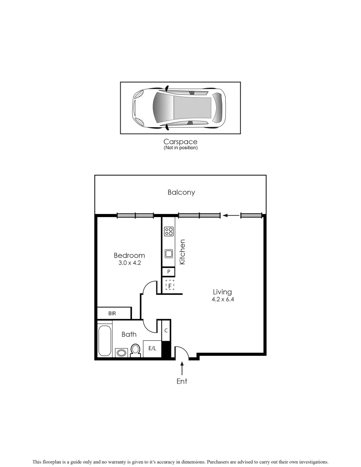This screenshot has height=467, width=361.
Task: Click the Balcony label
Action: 181,192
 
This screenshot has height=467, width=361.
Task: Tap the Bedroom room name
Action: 129,256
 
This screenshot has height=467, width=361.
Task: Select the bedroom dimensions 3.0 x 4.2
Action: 129,262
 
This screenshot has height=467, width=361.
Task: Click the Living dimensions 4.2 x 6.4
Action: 223,299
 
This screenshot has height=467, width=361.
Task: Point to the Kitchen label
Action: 182,252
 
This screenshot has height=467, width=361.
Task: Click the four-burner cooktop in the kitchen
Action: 169,231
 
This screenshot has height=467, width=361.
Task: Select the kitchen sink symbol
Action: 169,254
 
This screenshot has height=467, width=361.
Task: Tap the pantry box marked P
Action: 169,272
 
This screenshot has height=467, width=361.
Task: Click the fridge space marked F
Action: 170,286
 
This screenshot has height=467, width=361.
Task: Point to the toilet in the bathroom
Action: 136,350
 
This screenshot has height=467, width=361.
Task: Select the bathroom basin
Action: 121,353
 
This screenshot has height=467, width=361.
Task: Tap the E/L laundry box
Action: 152,349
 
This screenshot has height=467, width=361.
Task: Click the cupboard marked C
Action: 166,331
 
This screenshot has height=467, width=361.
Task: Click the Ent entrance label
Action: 182,381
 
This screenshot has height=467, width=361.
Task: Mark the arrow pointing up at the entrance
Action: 182,369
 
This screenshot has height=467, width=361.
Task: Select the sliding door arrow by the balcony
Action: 230,215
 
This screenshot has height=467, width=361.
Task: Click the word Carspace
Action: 180,142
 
